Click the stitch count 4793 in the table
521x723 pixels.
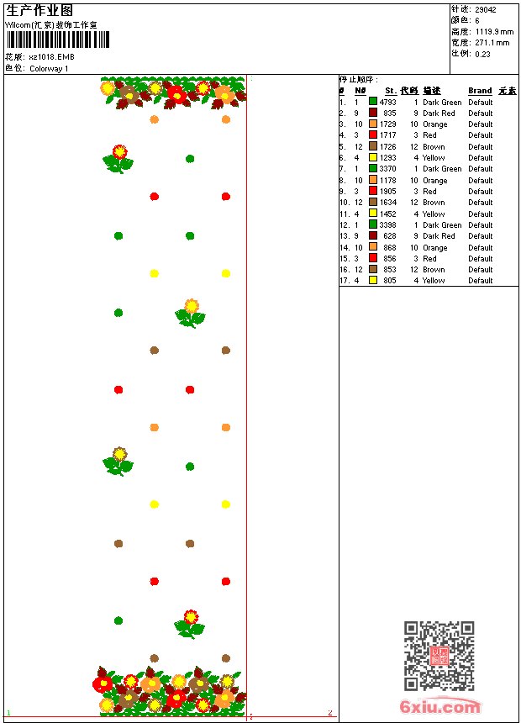(x=388, y=102)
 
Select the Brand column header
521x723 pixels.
(x=480, y=91)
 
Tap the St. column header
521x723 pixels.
(x=391, y=91)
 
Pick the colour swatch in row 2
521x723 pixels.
(x=373, y=113)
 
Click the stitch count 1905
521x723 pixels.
(x=388, y=191)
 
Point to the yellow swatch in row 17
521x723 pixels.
(x=373, y=280)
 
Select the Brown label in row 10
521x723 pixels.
(x=434, y=203)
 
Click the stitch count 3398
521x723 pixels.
(x=388, y=224)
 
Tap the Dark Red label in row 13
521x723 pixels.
(x=439, y=236)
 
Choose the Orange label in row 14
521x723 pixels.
(x=435, y=247)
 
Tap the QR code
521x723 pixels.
(x=439, y=656)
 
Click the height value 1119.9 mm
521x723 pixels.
(x=494, y=32)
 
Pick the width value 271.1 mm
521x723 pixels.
(x=492, y=43)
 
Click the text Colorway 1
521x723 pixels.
(x=50, y=69)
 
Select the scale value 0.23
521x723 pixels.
(x=482, y=54)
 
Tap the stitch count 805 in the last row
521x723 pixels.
(x=390, y=280)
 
